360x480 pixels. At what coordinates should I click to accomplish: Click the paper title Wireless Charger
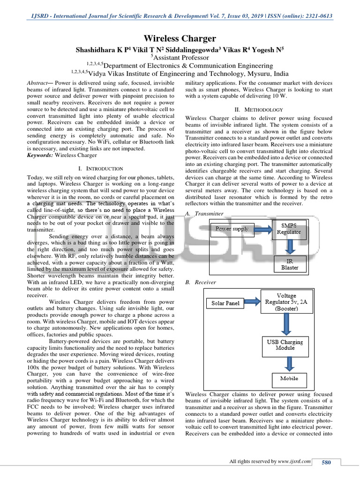click(180, 38)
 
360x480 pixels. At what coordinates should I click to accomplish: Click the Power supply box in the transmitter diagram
click(232, 229)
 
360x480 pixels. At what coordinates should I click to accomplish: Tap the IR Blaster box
click(289, 264)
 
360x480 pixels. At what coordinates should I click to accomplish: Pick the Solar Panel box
click(225, 303)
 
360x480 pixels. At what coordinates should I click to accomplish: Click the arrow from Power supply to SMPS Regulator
click(263, 229)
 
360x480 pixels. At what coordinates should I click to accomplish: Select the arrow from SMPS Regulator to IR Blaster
click(291, 247)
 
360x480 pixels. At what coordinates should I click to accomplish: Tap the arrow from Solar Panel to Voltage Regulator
click(253, 302)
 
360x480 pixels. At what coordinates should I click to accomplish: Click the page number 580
click(326, 463)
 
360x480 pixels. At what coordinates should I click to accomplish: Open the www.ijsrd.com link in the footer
click(294, 462)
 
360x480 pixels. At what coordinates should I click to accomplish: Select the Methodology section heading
click(259, 109)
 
